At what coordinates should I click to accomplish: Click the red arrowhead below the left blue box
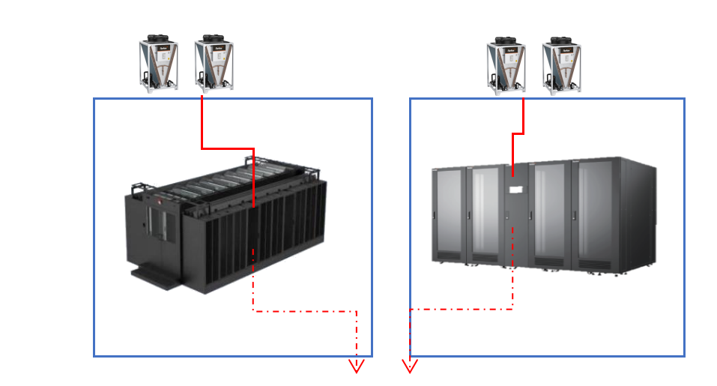[357, 367]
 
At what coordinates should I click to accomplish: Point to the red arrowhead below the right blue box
[410, 367]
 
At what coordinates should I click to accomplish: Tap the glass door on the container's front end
[157, 226]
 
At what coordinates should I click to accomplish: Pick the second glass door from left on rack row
[485, 214]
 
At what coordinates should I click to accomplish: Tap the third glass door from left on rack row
[550, 214]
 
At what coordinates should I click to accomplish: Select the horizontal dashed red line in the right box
[461, 309]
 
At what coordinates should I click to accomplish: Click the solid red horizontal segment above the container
[228, 148]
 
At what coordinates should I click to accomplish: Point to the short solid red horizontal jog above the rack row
[518, 135]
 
